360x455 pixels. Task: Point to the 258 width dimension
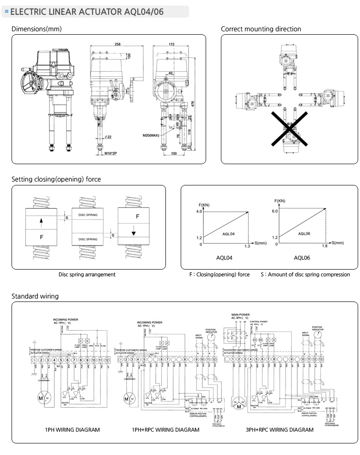(x=117, y=45)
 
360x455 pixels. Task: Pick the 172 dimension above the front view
(x=171, y=45)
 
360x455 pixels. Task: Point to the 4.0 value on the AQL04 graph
(x=199, y=212)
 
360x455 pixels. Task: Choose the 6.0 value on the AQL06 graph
(x=275, y=212)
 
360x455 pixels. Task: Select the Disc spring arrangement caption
(x=87, y=274)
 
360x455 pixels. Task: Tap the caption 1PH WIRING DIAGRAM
(x=72, y=430)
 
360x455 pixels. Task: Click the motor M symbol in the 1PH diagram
(x=41, y=398)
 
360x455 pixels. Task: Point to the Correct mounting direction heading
(x=261, y=29)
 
